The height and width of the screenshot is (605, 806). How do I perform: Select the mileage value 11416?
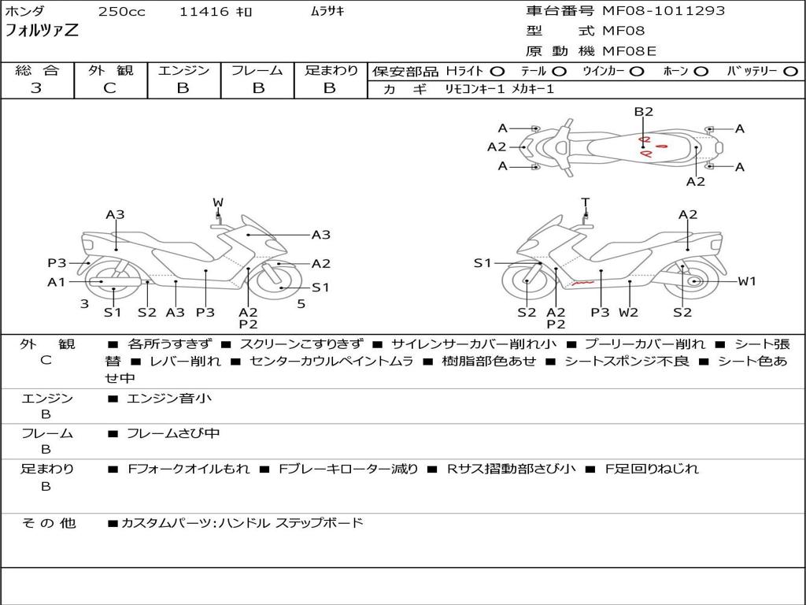(x=204, y=12)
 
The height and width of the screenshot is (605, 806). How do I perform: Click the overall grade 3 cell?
(x=36, y=88)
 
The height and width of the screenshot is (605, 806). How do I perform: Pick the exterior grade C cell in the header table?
(x=109, y=88)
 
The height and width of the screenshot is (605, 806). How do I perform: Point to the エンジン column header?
(x=183, y=71)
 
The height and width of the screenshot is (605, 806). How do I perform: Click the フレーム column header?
(x=257, y=71)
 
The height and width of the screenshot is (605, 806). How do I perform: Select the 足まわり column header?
(x=331, y=71)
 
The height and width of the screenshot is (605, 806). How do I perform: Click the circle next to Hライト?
(x=497, y=71)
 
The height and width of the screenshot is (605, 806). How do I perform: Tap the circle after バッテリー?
(x=790, y=71)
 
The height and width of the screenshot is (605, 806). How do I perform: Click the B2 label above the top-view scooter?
(x=644, y=112)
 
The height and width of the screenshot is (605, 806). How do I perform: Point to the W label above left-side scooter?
(x=218, y=203)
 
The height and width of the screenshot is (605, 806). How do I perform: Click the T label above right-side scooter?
(x=585, y=202)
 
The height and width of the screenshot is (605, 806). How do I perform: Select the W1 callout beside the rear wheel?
(x=746, y=281)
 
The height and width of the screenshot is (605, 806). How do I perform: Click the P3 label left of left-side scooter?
(x=57, y=263)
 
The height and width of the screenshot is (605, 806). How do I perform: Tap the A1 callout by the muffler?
(x=56, y=282)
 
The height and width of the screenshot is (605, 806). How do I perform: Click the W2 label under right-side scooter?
(x=628, y=313)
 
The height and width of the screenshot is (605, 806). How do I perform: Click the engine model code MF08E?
(x=629, y=51)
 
